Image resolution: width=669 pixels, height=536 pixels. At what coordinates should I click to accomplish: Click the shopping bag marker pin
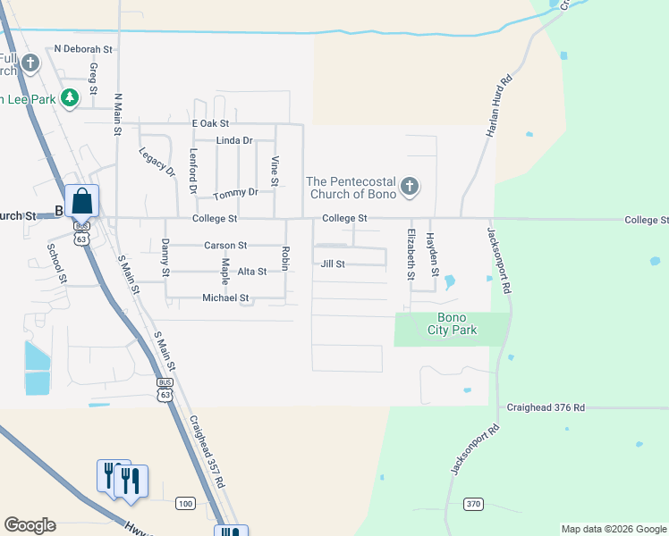tap(81, 201)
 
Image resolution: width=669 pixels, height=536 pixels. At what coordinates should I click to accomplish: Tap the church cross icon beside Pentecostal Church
tap(410, 187)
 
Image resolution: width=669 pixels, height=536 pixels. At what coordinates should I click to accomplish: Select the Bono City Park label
tap(452, 324)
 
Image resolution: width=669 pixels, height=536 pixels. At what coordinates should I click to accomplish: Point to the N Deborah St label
tap(85, 49)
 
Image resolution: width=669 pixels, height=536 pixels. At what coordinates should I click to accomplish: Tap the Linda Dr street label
tap(234, 140)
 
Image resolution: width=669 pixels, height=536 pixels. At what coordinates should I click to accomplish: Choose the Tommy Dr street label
tap(236, 192)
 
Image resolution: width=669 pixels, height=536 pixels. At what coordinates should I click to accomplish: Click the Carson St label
tap(225, 245)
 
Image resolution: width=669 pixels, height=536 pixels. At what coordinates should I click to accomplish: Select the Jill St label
tap(333, 264)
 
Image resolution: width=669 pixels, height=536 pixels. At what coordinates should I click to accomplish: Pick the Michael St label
tap(225, 297)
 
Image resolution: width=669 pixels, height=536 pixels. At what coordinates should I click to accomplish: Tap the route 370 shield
tap(474, 505)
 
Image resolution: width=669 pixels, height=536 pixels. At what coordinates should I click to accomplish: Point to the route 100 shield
tap(185, 504)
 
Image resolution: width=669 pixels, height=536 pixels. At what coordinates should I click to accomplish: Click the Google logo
tap(30, 525)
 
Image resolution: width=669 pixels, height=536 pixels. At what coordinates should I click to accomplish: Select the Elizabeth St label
tap(411, 255)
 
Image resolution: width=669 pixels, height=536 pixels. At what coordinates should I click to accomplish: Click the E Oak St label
tap(210, 123)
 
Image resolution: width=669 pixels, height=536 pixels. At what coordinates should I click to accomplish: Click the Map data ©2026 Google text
tap(613, 529)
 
